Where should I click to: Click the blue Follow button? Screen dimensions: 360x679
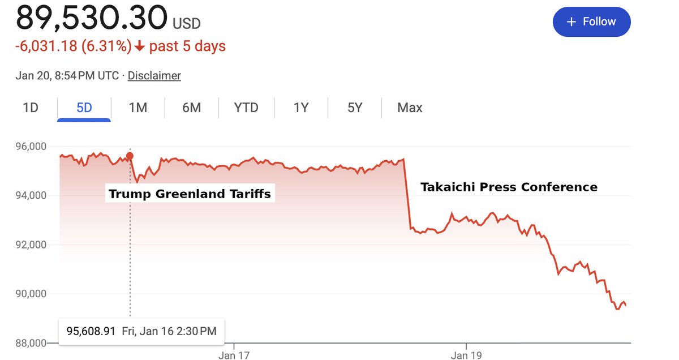tap(591, 22)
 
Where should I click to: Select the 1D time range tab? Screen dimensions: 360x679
tap(31, 108)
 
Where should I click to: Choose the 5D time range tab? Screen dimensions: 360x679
tap(84, 108)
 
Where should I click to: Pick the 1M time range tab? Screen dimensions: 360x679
tap(137, 108)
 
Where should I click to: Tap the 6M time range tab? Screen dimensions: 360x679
tap(191, 108)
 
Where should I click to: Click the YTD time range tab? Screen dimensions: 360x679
tap(246, 108)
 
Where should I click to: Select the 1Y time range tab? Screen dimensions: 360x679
tap(301, 108)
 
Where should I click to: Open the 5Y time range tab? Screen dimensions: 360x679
tap(355, 108)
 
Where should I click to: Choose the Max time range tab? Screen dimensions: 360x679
tap(410, 108)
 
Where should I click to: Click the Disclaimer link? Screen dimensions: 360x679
tap(154, 75)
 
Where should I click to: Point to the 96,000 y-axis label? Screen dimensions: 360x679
tap(29, 147)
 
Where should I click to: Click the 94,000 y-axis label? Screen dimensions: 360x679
tap(29, 196)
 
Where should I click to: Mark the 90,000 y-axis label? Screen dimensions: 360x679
tap(29, 294)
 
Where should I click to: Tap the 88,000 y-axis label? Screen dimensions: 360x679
tap(29, 343)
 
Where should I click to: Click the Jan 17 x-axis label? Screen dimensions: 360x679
tap(234, 355)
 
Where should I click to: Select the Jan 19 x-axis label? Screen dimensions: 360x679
tap(466, 355)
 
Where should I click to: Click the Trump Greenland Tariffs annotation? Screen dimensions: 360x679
tap(190, 194)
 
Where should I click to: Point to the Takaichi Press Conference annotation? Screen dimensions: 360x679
tap(509, 187)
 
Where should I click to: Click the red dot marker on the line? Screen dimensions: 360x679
tap(130, 156)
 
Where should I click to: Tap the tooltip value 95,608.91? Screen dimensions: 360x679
tap(91, 331)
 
